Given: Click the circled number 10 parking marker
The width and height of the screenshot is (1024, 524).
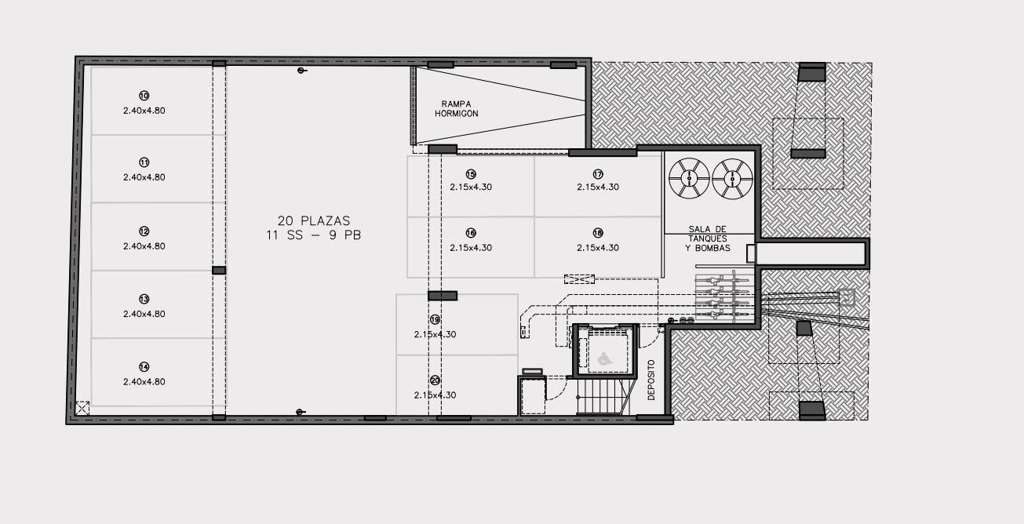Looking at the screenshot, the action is [144, 96].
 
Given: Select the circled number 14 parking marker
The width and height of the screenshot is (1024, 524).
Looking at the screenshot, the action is [144, 367].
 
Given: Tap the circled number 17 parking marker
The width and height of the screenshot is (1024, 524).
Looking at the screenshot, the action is [598, 174].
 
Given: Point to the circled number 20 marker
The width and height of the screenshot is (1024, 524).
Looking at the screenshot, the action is [435, 380].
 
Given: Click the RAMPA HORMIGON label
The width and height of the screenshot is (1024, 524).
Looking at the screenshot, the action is [456, 109].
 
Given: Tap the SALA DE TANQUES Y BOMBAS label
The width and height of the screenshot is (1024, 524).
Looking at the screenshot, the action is [707, 238].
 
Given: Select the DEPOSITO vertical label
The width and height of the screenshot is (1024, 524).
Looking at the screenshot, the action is [651, 380].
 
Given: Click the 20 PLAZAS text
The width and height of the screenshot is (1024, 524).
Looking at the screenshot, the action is [314, 220].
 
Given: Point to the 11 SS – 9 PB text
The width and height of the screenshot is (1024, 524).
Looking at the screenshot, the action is [314, 235].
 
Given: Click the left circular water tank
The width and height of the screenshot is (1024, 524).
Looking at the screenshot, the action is [689, 178].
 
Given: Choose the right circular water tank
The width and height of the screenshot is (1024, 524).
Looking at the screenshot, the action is [732, 179].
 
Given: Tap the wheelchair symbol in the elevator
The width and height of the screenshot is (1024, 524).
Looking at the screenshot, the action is [605, 359].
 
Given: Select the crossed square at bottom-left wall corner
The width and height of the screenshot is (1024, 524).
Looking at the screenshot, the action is [82, 408].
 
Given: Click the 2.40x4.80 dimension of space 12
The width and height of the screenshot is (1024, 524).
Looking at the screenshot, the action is [144, 246].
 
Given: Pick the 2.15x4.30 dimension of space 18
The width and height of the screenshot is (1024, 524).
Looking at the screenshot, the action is [598, 248].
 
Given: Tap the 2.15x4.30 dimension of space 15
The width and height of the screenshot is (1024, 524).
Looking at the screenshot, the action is [471, 187].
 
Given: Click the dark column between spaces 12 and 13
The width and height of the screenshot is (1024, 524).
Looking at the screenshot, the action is [219, 271].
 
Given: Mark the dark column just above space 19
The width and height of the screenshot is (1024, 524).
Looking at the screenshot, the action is [443, 296].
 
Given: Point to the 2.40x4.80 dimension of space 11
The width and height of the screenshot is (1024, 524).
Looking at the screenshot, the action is [144, 177].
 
